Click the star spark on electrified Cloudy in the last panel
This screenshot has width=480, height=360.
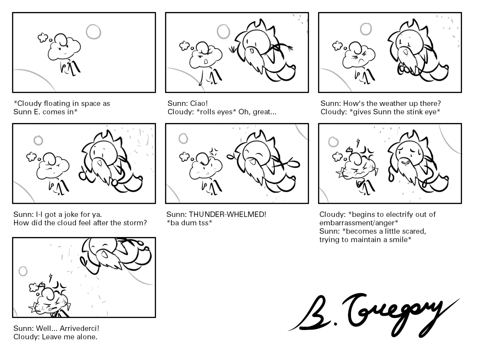(x=33, y=306)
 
